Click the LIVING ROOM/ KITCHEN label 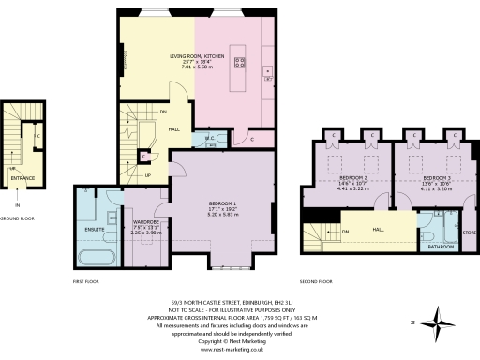[196, 55]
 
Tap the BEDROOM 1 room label [222, 203]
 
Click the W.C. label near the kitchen [211, 138]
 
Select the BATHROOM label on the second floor [441, 247]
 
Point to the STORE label [470, 232]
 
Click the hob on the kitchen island [239, 66]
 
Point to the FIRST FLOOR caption [85, 281]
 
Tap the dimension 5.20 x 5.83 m [222, 215]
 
